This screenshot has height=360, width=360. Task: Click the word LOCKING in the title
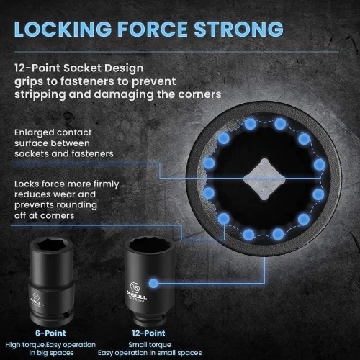[63, 30]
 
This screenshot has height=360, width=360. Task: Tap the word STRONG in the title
[238, 30]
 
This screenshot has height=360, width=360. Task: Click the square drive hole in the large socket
[264, 179]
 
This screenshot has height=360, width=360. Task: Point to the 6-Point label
[50, 333]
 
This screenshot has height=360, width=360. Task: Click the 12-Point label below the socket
[148, 333]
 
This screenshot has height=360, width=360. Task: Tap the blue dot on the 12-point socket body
[153, 284]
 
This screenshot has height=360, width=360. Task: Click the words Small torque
[150, 345]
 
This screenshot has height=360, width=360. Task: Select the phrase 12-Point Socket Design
[78, 68]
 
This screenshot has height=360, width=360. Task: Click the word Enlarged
[35, 132]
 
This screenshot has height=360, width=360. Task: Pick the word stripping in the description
[40, 95]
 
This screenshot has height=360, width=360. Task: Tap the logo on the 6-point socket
[37, 300]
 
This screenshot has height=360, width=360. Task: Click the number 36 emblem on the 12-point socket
[135, 287]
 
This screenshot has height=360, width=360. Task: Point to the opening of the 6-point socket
[52, 246]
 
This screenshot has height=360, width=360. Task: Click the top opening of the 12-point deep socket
[150, 246]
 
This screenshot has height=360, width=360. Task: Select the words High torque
[25, 345]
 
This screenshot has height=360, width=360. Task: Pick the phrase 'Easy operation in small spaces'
[150, 353]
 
